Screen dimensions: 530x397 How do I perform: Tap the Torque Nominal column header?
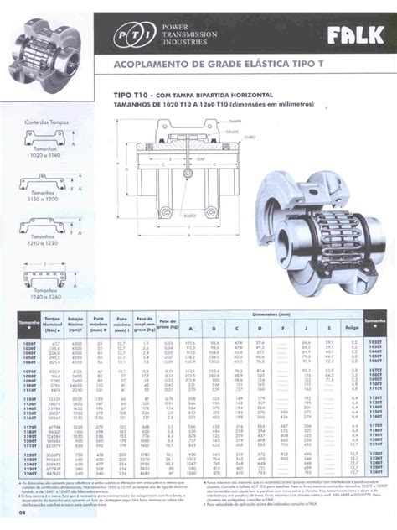tap(55, 323)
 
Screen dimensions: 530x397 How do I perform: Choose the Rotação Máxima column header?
tap(77, 323)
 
